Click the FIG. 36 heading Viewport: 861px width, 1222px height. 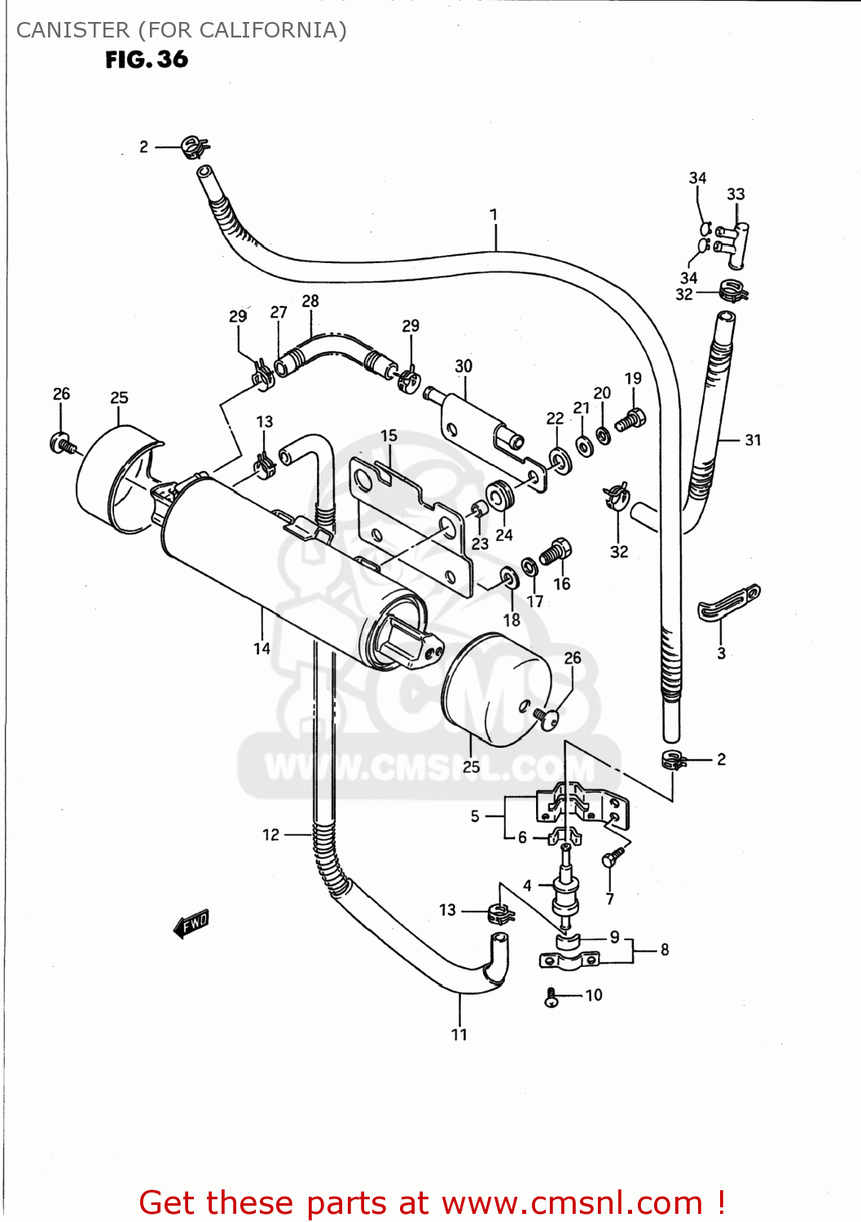[x=147, y=59]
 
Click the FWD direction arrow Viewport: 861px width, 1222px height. [x=192, y=923]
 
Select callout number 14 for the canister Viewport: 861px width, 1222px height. [x=261, y=648]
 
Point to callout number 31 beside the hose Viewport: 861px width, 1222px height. [x=753, y=440]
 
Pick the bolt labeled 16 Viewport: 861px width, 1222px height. [x=556, y=552]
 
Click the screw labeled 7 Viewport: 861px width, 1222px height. [x=613, y=856]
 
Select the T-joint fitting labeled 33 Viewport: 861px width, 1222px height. [x=734, y=243]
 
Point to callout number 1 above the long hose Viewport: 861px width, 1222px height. [x=494, y=214]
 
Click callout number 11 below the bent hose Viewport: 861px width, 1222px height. [x=459, y=1035]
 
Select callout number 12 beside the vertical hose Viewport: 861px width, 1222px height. [x=270, y=834]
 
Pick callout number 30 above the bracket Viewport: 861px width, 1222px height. [x=463, y=366]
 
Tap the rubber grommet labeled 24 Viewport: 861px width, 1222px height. [x=499, y=495]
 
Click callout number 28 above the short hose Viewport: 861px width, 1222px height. [x=310, y=301]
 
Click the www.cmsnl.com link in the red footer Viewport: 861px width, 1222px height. [x=572, y=1203]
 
